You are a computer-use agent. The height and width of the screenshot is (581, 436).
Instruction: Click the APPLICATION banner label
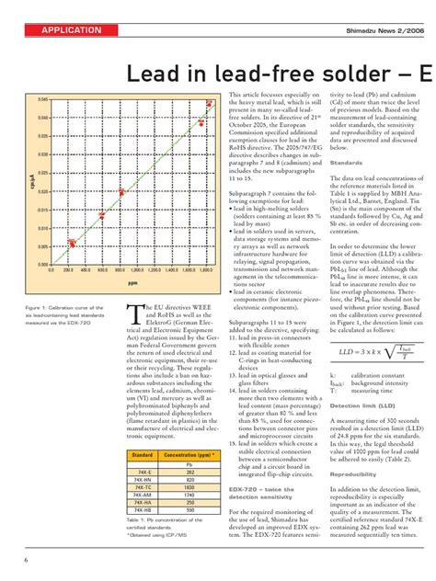[x=71, y=30]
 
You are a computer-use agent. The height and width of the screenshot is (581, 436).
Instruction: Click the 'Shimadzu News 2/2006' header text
[x=385, y=30]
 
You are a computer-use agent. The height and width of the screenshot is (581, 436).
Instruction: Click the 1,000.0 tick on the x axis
[x=136, y=271]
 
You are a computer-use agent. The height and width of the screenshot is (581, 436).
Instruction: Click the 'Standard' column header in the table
[x=142, y=429]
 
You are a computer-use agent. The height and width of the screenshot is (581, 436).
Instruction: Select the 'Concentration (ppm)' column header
[x=187, y=429]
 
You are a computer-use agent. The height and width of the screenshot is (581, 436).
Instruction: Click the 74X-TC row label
[x=142, y=460]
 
